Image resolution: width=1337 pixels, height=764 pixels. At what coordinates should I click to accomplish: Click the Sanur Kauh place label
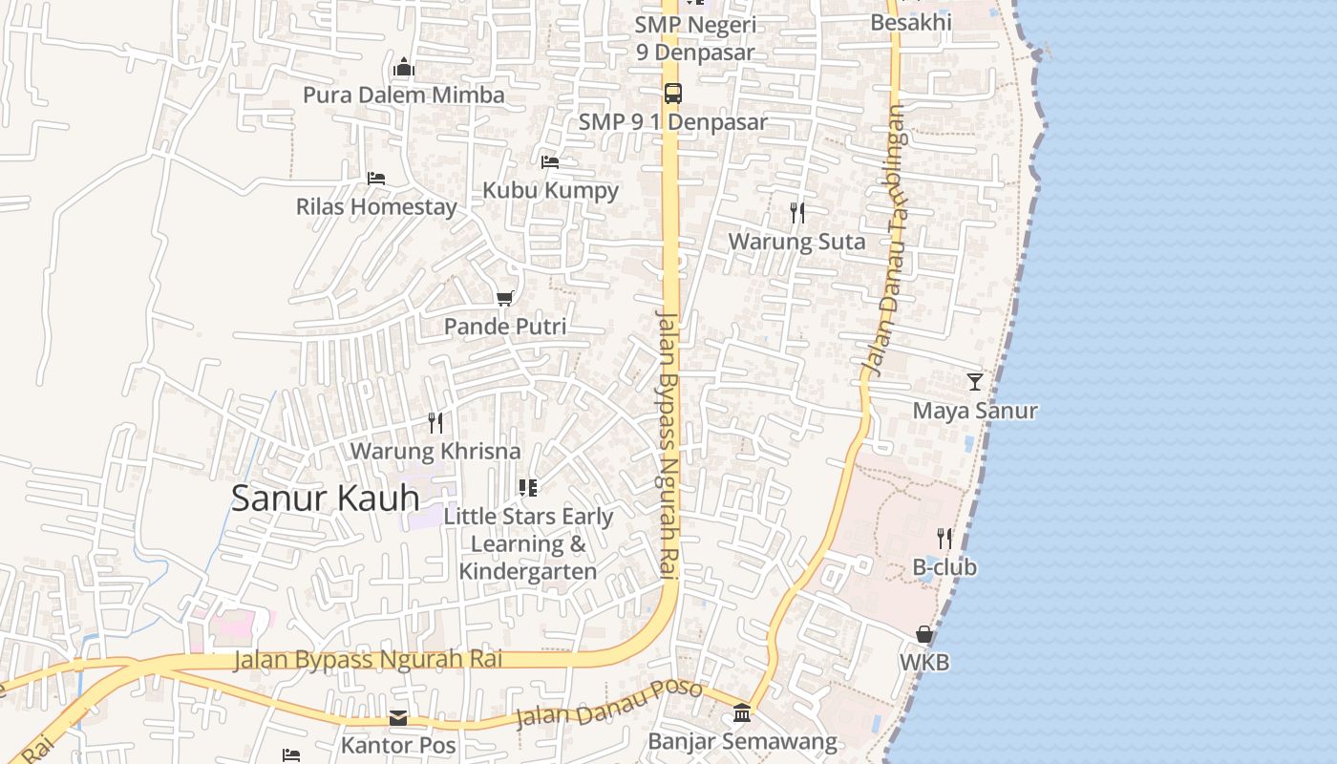[x=325, y=499]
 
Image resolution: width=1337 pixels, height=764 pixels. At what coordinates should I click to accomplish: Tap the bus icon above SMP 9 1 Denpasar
[x=673, y=94]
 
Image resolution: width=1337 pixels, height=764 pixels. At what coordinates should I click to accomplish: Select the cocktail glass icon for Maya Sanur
[x=974, y=382]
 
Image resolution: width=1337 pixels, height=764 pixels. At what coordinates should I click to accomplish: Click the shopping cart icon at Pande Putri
[x=505, y=299]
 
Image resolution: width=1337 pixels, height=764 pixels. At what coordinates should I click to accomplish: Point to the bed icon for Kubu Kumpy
[x=550, y=162]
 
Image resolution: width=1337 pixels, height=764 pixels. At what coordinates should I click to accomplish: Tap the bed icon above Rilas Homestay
[x=376, y=179]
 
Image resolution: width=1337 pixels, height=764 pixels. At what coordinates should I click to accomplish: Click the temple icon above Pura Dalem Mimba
[x=404, y=68]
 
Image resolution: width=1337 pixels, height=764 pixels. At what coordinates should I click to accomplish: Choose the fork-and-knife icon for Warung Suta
[x=797, y=213]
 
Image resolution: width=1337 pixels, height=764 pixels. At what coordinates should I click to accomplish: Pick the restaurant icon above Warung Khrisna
[x=435, y=422]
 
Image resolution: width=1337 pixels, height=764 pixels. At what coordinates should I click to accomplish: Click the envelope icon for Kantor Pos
[x=398, y=718]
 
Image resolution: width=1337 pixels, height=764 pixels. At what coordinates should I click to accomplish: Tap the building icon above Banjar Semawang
[x=742, y=712]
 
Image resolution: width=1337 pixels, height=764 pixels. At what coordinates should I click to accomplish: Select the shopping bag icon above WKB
[x=924, y=634]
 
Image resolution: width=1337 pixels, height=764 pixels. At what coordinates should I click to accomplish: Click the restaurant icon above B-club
[x=944, y=539]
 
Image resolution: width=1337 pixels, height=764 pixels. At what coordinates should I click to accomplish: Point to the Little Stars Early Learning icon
[x=528, y=488]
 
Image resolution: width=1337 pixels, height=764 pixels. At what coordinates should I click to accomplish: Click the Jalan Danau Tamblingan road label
[x=883, y=239]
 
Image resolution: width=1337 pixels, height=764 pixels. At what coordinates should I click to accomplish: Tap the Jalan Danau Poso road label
[x=609, y=705]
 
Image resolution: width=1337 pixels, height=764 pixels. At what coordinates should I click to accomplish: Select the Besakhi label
[x=911, y=21]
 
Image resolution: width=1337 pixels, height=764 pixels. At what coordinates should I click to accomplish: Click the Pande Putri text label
[x=505, y=327]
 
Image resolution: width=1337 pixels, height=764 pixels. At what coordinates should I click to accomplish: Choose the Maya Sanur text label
[x=975, y=411]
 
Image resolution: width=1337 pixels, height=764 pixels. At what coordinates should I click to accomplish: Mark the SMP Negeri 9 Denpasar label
[x=696, y=38]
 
